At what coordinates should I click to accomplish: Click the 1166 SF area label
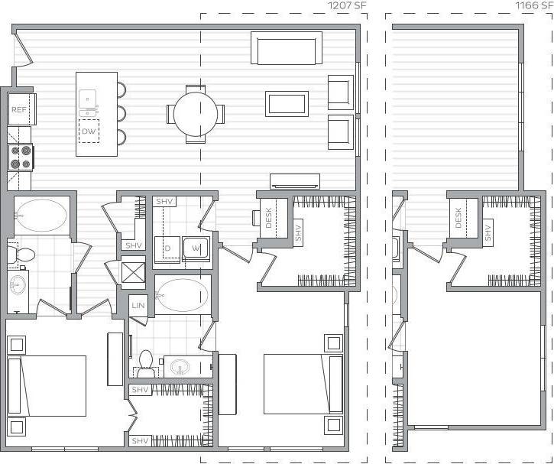click(x=533, y=6)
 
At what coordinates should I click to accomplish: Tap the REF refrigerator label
click(x=19, y=110)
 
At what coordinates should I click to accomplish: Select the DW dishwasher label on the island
click(x=89, y=131)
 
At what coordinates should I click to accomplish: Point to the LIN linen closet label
click(x=138, y=305)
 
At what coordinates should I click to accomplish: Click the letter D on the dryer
click(x=167, y=248)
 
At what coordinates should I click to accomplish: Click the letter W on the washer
click(x=195, y=248)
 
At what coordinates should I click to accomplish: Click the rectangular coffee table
click(x=287, y=103)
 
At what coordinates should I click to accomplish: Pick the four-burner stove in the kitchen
click(x=21, y=157)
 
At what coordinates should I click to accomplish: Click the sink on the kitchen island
click(x=88, y=98)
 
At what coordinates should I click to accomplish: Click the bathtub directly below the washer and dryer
click(x=182, y=294)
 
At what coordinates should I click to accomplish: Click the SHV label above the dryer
click(x=164, y=202)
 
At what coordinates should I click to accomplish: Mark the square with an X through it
click(x=134, y=273)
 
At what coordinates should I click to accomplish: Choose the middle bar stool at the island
click(x=121, y=114)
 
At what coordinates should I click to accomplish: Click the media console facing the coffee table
click(x=295, y=180)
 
